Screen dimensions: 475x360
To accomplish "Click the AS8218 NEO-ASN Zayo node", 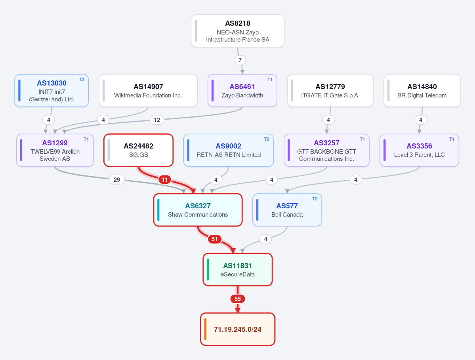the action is pyautogui.click(x=238, y=31).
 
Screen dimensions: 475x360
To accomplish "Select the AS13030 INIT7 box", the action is pyautogui.click(x=52, y=91).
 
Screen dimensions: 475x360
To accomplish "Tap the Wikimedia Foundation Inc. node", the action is pyautogui.click(x=148, y=91).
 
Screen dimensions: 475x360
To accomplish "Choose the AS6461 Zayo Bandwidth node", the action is pyautogui.click(x=242, y=91).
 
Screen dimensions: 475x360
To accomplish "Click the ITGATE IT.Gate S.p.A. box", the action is pyautogui.click(x=330, y=91).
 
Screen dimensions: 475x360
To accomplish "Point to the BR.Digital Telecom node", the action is pyautogui.click(x=422, y=91).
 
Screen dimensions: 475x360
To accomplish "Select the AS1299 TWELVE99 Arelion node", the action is pyautogui.click(x=55, y=150).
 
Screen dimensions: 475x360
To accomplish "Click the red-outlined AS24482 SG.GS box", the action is pyautogui.click(x=138, y=150).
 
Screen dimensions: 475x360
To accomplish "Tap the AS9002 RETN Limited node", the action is pyautogui.click(x=229, y=150).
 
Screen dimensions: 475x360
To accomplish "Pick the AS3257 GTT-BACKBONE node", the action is pyautogui.click(x=326, y=150).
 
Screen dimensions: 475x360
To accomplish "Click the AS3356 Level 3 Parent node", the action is pyautogui.click(x=419, y=150).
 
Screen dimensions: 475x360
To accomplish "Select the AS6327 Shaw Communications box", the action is pyautogui.click(x=198, y=210).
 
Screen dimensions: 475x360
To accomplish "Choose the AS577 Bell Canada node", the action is pyautogui.click(x=287, y=210).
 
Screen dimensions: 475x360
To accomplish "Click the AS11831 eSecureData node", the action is pyautogui.click(x=238, y=269).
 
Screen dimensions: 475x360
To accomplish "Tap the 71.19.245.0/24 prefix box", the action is pyautogui.click(x=238, y=329).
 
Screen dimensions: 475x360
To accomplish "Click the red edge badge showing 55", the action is pyautogui.click(x=238, y=299).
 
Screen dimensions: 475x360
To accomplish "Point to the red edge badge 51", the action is pyautogui.click(x=214, y=239).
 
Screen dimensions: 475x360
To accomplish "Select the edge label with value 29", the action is pyautogui.click(x=116, y=179).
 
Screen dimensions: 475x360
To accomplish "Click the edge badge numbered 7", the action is pyautogui.click(x=240, y=60).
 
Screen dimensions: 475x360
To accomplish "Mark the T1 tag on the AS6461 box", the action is pyautogui.click(x=270, y=80).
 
